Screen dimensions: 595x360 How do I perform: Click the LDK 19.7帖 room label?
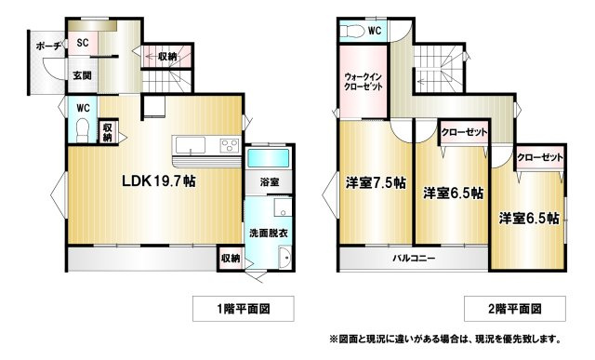tap(159, 181)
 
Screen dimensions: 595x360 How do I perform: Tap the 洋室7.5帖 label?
tap(376, 183)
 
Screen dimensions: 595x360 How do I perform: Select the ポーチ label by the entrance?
tap(48, 47)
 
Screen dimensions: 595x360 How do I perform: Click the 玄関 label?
tap(82, 75)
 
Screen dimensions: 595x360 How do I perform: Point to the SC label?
tap(83, 43)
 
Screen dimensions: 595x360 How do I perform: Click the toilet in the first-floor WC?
tap(82, 130)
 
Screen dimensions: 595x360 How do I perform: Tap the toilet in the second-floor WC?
tap(350, 32)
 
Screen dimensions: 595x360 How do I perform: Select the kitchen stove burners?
tap(230, 145)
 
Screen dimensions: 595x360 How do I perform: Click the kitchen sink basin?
tap(191, 145)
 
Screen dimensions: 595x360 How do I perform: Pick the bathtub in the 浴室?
tap(269, 157)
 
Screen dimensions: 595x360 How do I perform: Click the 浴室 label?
tap(270, 182)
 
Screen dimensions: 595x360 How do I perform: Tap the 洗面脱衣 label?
tap(269, 233)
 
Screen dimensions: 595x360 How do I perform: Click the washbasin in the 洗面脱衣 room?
tap(285, 258)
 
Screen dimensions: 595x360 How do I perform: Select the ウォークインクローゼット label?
tap(363, 81)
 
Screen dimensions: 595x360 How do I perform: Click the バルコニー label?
tap(414, 259)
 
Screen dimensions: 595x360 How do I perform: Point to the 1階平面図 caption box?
tap(244, 309)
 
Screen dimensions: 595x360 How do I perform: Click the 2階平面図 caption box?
tap(515, 309)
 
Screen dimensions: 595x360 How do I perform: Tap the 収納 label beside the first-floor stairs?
tap(167, 57)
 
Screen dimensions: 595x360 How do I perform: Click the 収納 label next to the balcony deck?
tap(231, 259)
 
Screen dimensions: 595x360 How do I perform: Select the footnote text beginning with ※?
tap(444, 339)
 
